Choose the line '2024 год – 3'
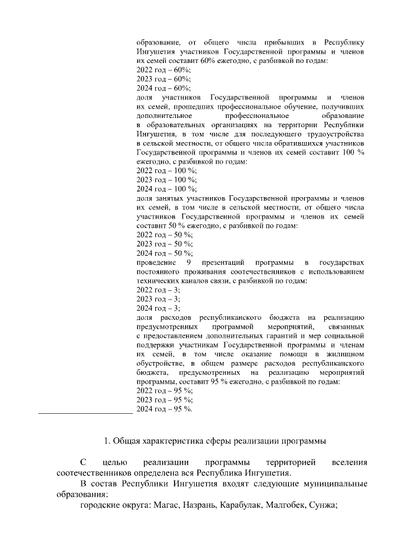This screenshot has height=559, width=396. tap(158, 308)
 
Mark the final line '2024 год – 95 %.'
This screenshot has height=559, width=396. tap(165, 409)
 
